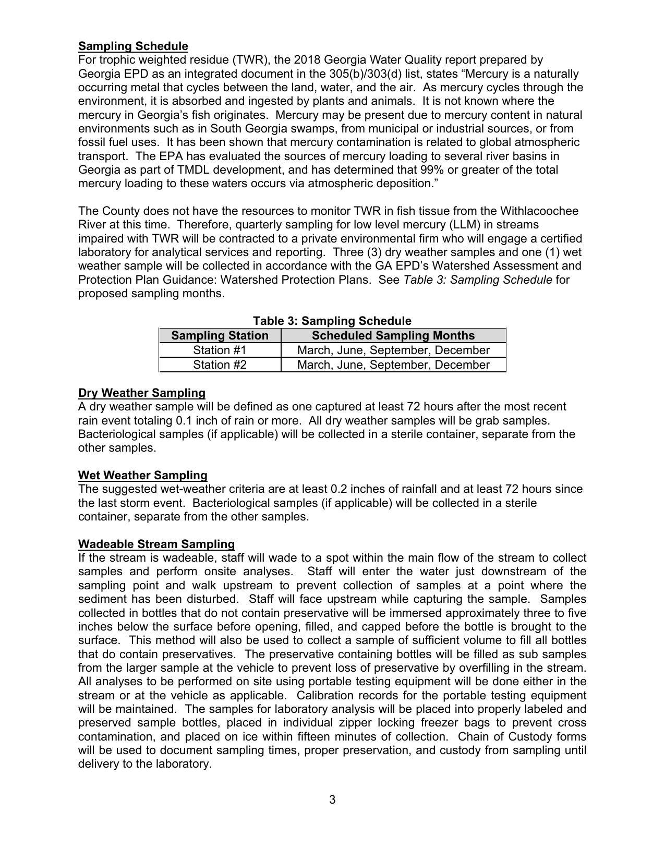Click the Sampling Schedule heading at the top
pos(133,46)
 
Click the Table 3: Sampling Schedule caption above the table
pos(332,321)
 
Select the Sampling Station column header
pos(220,335)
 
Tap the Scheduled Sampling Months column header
pos(393,335)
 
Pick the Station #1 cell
pos(220,350)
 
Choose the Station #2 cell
pos(220,365)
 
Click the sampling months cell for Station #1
pos(393,350)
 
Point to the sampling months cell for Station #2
pos(393,365)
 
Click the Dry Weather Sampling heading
pos(142,393)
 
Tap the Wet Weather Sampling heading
pos(143,475)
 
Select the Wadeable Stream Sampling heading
pos(156,544)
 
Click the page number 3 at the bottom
pos(332,799)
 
